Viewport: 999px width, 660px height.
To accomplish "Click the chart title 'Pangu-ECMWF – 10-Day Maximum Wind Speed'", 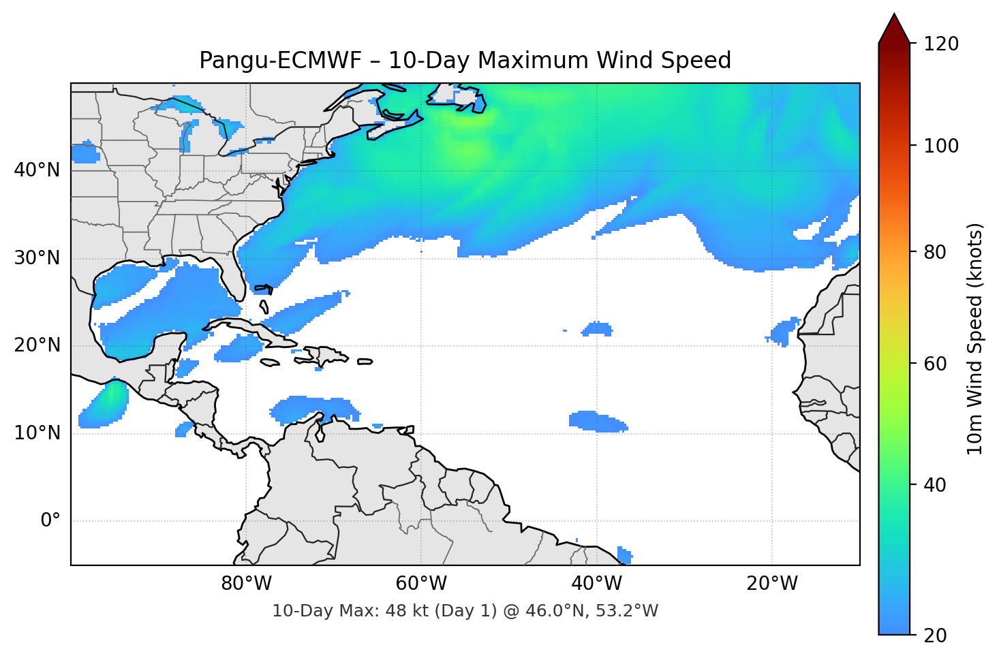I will coord(465,61).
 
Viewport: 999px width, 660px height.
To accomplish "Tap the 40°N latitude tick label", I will coord(37,170).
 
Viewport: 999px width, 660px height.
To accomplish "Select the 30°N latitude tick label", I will coord(37,258).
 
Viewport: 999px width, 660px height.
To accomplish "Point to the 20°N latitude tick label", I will coord(37,345).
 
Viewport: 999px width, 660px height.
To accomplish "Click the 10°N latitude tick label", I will coord(37,433).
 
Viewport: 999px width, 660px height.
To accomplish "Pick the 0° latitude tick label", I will coord(50,521).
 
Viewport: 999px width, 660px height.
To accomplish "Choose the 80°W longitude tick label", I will coord(246,584).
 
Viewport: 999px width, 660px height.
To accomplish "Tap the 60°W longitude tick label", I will coord(421,584).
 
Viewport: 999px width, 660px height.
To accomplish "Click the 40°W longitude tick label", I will coord(596,584).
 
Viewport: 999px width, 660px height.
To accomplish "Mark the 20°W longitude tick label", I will coord(772,584).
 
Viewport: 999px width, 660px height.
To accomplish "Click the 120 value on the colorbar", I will coord(941,44).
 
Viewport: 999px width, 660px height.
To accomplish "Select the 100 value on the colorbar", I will coord(941,146).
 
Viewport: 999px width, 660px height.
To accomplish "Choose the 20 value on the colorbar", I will coord(935,635).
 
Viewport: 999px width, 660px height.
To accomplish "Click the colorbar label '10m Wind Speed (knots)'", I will coord(975,339).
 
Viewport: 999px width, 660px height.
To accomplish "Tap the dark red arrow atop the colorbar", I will coord(894,29).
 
